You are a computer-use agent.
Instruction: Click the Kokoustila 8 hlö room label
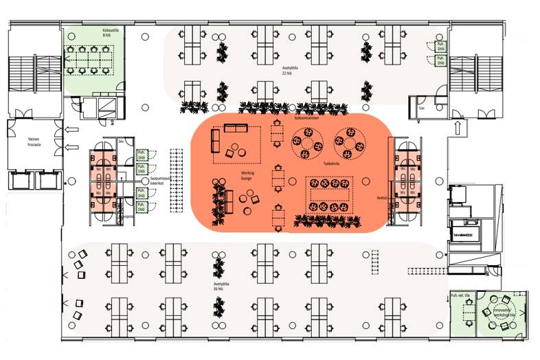93,32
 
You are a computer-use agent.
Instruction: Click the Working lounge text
247,176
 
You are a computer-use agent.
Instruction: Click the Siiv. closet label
122,142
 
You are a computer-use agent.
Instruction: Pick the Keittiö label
379,199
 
